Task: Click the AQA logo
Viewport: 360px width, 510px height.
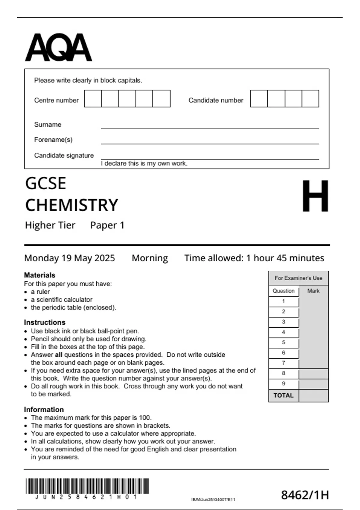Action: (x=58, y=47)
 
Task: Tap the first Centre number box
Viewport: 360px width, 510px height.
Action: (x=93, y=98)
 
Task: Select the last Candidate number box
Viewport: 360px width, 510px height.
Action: (x=310, y=98)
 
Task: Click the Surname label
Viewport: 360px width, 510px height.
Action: (x=48, y=124)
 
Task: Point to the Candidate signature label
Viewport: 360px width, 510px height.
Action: (x=64, y=155)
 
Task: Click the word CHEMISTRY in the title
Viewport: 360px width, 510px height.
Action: (x=72, y=205)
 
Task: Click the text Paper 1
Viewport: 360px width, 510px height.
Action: (x=107, y=225)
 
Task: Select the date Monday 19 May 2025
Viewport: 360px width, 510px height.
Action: (x=70, y=258)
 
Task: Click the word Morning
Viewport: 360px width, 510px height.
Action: (x=150, y=258)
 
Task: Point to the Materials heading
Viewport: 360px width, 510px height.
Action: (x=40, y=275)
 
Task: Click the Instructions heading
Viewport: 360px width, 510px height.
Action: (x=45, y=322)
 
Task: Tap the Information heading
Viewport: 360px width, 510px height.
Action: (x=44, y=409)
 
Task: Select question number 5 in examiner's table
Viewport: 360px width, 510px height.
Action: (x=283, y=342)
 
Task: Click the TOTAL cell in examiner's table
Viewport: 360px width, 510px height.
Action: (x=283, y=395)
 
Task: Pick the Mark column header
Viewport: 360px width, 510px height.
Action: (x=313, y=291)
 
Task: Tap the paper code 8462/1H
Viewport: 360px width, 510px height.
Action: (x=305, y=495)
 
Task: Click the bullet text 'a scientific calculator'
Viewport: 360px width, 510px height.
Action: (x=61, y=299)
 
